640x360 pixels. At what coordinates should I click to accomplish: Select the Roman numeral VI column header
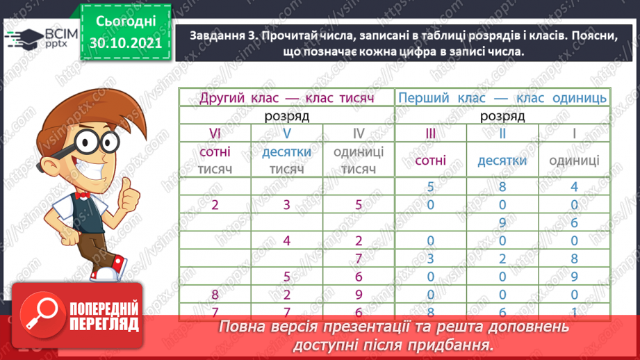pos(215,133)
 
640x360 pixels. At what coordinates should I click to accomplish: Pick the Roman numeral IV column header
pos(358,133)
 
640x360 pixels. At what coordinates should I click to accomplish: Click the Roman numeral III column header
pos(430,133)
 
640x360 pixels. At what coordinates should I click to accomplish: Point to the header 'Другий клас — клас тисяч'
pos(286,98)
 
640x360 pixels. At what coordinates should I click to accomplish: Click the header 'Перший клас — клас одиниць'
pos(502,98)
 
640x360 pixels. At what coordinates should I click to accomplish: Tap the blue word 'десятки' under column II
pos(502,161)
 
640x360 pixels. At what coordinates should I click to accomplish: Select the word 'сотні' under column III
pos(430,161)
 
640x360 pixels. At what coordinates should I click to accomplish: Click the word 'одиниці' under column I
pos(574,161)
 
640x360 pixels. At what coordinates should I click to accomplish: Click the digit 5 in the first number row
pos(430,186)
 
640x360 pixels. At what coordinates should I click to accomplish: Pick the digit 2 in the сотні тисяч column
pos(215,205)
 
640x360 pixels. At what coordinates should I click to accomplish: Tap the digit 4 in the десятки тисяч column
pos(287,241)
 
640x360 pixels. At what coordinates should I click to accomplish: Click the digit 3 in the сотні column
pos(430,259)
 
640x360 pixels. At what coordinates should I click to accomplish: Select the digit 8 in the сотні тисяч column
pos(215,295)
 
